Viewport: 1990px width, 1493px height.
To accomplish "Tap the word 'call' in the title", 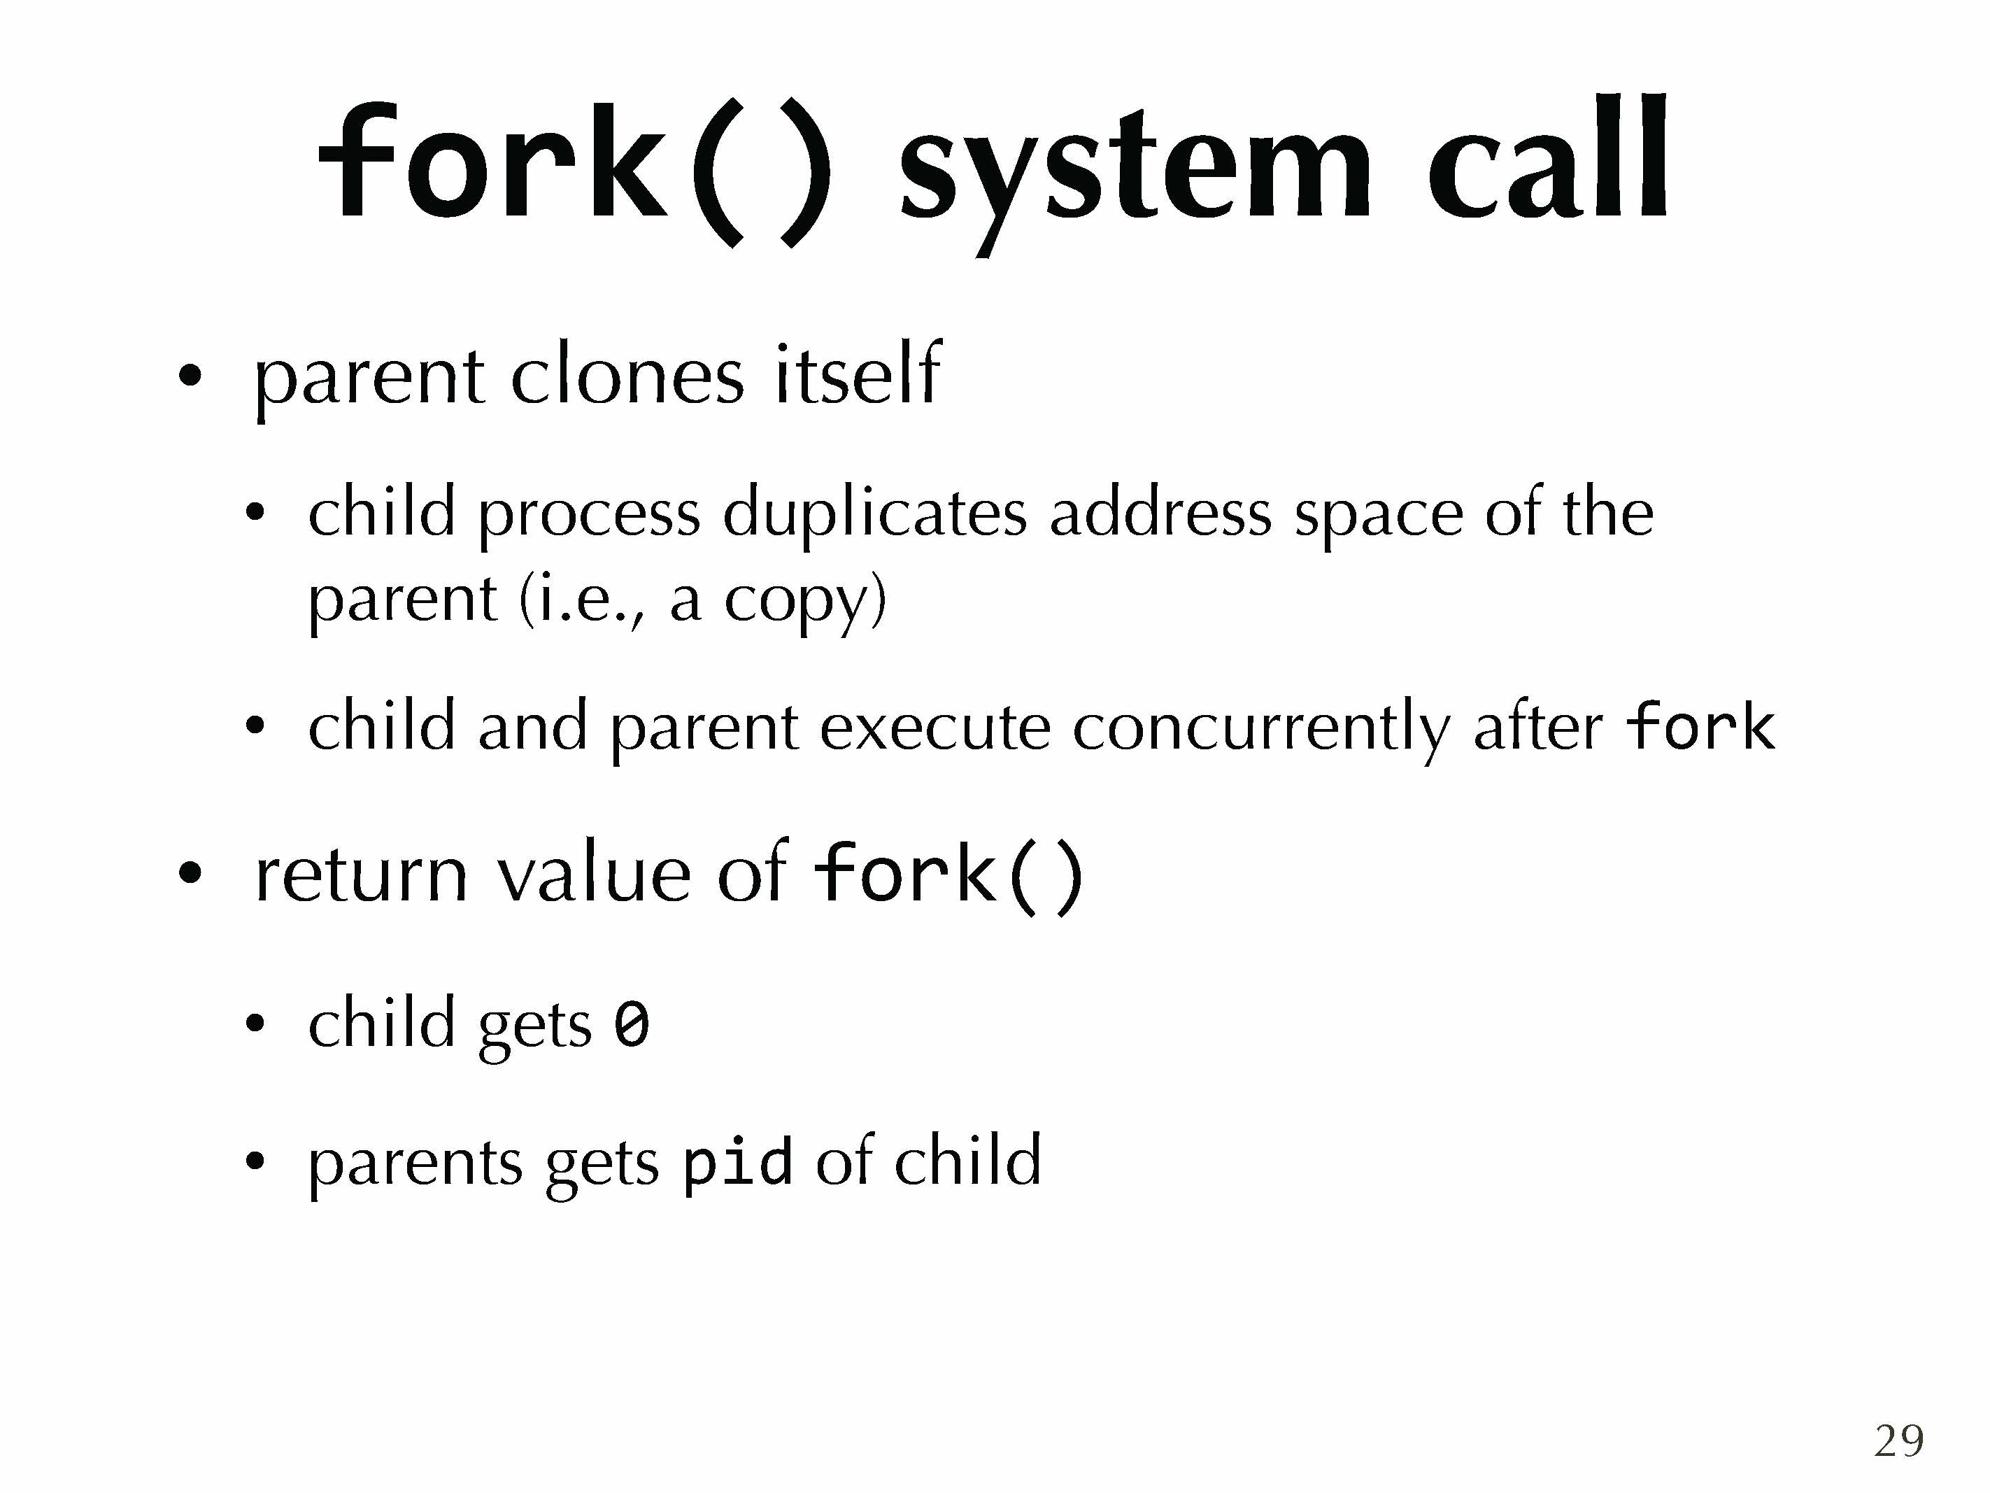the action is pos(1548,157).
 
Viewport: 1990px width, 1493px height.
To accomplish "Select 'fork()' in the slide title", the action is pos(575,171).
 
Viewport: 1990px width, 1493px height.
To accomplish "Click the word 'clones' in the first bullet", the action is pos(627,374).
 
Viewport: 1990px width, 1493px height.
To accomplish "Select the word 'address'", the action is pos(1160,512).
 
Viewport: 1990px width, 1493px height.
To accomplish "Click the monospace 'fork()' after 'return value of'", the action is pos(948,873).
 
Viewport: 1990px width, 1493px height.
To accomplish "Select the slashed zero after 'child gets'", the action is pos(631,1025).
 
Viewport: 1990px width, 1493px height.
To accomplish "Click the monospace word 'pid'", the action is pos(738,1163).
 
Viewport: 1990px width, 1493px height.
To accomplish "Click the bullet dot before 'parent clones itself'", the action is pos(189,375).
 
